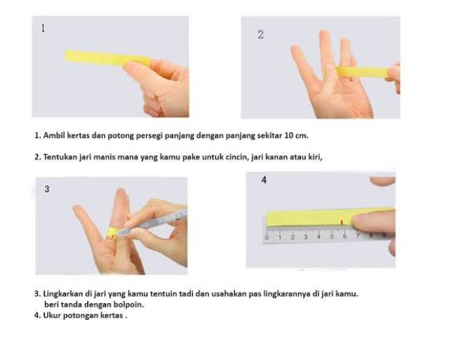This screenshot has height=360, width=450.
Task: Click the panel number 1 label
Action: point(43,28)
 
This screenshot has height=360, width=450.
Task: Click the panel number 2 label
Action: point(261,34)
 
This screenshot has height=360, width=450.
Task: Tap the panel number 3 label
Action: point(47,189)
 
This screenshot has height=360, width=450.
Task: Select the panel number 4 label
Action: point(264,180)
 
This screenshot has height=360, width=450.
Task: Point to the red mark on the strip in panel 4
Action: point(342,222)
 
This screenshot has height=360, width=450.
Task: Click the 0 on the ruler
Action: point(267,238)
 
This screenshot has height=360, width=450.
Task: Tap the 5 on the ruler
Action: point(331,237)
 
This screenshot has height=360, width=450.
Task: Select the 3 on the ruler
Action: point(306,237)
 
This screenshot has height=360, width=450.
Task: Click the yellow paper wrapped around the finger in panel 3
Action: point(112,232)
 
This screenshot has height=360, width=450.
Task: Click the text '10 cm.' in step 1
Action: point(297,135)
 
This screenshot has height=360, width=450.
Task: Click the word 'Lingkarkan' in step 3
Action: point(63,294)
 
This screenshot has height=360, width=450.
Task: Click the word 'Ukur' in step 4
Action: point(51,315)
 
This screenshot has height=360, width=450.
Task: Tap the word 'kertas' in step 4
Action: point(112,315)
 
